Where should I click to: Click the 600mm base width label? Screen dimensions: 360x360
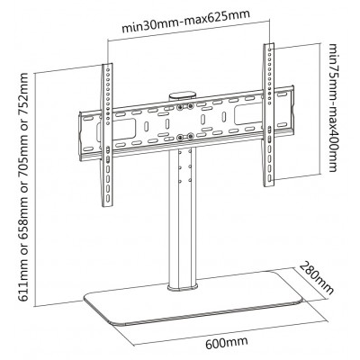[x=227, y=343]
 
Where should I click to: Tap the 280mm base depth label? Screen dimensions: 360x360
[x=317, y=278]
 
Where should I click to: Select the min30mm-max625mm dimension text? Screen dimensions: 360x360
[x=185, y=22]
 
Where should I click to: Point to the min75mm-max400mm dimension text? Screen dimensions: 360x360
[x=333, y=107]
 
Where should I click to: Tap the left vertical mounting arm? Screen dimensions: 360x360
[x=107, y=135]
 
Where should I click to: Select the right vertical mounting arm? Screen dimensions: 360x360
[x=269, y=115]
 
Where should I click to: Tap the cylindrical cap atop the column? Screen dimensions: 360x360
[x=183, y=95]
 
